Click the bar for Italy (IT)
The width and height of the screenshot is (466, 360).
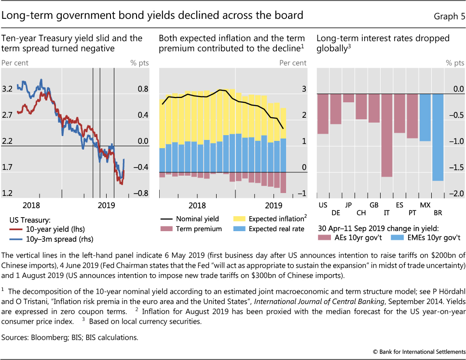pos(386,135)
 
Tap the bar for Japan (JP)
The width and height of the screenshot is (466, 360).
pos(348,98)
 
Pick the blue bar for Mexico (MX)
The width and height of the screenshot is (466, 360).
pos(425,117)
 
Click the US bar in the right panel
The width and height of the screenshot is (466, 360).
pos(323,114)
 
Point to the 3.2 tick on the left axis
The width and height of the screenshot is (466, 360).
pos(7,89)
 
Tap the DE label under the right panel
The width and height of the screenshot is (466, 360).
pos(336,212)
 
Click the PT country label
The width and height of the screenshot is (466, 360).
pos(412,212)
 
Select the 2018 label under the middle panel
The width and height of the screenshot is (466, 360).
pos(197,205)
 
